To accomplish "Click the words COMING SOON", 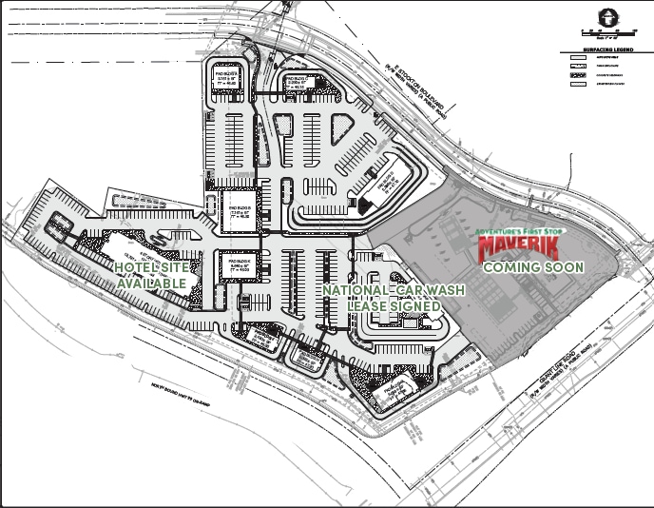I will click(533, 267).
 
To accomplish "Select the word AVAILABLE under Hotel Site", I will click(152, 284).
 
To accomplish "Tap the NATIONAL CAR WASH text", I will click(381, 290).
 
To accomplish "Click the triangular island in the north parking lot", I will click(342, 128).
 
